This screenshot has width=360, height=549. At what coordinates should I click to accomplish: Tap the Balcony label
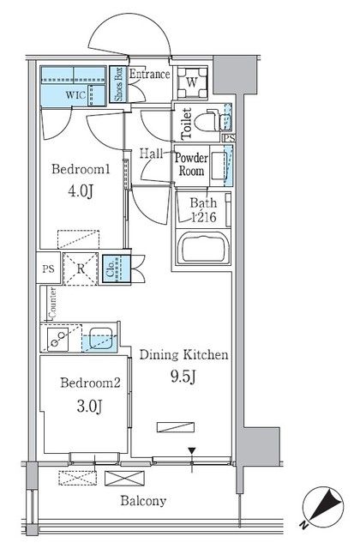point(143,501)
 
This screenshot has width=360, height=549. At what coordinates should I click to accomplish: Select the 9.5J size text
point(183,377)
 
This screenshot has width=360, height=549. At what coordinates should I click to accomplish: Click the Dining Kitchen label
point(183,354)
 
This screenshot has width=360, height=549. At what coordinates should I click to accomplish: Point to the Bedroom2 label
point(90,383)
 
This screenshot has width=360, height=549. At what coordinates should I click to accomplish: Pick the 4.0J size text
point(81,190)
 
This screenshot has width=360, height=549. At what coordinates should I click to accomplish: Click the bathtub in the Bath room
point(203,249)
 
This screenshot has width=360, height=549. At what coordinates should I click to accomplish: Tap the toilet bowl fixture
point(207,122)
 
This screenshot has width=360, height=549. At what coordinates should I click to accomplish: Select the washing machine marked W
point(192,82)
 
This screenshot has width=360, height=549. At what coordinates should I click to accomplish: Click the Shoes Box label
point(118,84)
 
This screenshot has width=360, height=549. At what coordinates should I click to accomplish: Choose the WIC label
point(75,94)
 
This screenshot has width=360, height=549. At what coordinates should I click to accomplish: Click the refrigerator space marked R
point(81,268)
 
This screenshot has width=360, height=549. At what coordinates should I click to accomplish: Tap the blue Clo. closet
point(117,268)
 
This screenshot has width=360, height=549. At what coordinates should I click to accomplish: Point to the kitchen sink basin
point(101,338)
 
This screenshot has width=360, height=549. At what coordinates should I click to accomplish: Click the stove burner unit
point(57,339)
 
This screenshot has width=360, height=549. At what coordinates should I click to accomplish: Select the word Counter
point(52,303)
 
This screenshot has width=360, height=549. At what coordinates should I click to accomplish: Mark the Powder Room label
point(191,164)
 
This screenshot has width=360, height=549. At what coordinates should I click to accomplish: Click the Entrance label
point(149,74)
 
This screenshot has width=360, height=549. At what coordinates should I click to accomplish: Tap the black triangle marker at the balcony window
point(192,450)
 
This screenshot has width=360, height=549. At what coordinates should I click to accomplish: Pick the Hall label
point(151,154)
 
